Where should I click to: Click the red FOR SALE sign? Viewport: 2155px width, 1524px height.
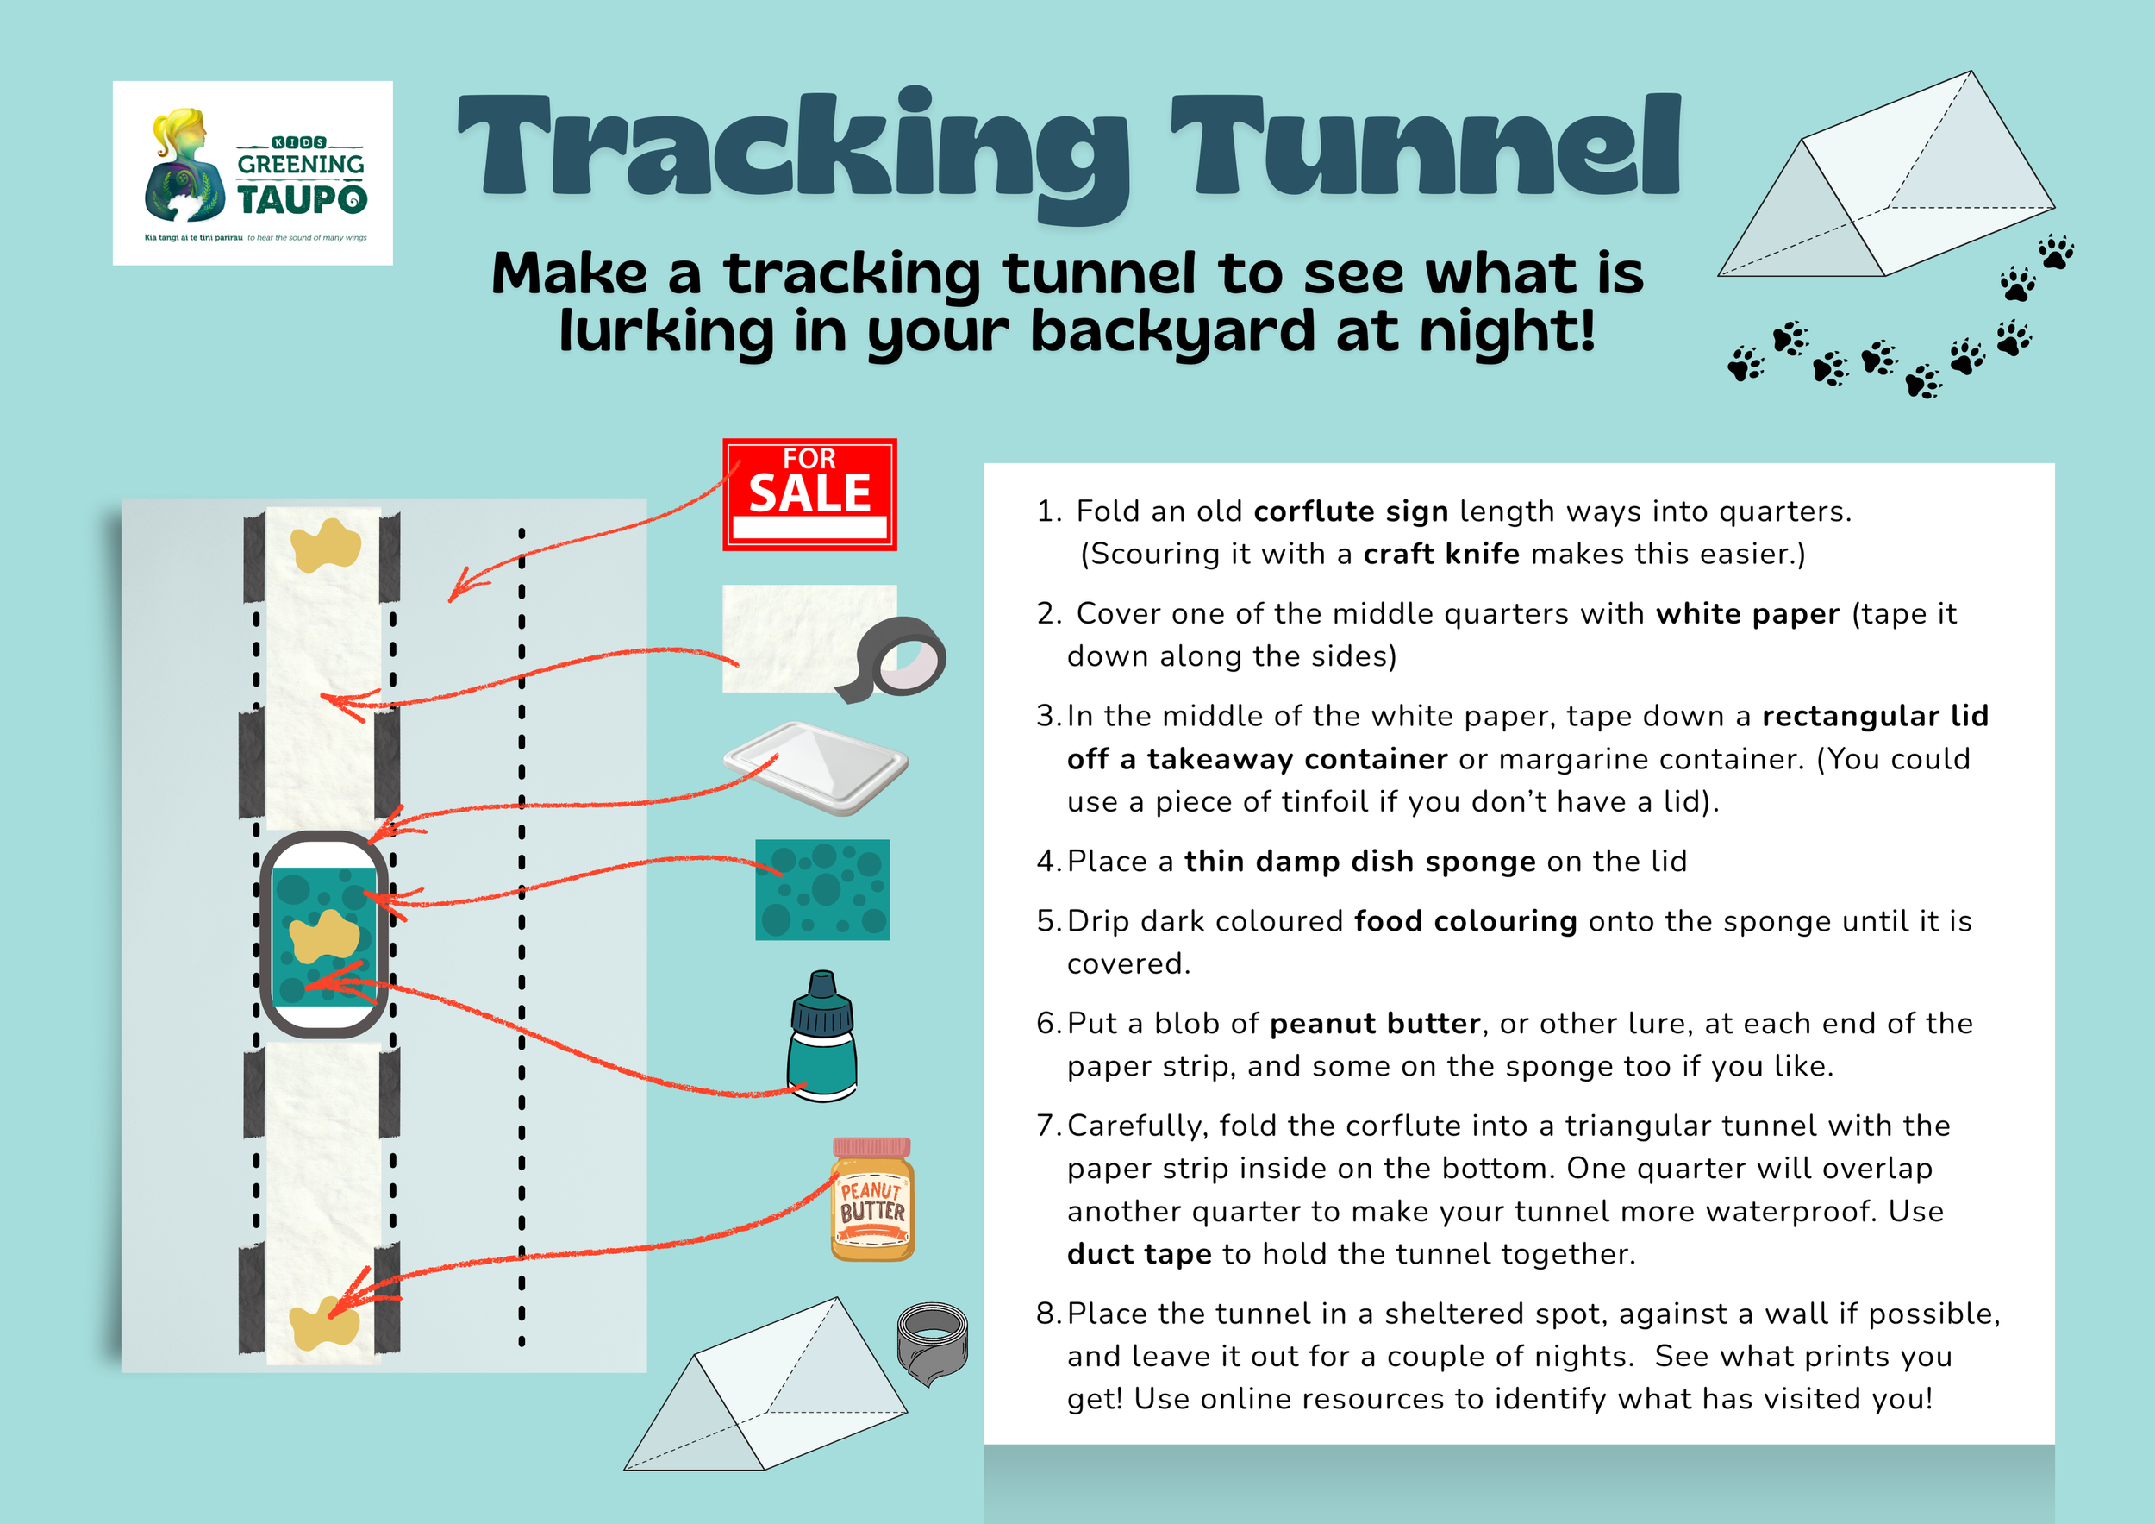pos(809,494)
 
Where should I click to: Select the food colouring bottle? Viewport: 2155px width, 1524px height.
pos(822,1042)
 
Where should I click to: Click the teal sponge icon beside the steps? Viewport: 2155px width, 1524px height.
pos(822,889)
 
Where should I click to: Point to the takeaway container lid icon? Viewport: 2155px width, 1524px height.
pos(815,766)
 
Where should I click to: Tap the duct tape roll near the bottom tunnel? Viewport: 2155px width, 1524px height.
pos(931,1343)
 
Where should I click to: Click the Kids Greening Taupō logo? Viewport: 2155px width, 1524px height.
pos(253,172)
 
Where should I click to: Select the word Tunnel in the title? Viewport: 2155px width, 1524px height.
pos(1425,146)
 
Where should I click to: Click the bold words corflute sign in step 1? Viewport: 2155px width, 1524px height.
pos(1350,511)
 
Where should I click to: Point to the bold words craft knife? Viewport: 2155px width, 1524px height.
pos(1440,554)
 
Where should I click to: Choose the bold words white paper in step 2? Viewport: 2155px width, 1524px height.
pos(1746,613)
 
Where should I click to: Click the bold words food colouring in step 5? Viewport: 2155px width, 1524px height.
pos(1465,920)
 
